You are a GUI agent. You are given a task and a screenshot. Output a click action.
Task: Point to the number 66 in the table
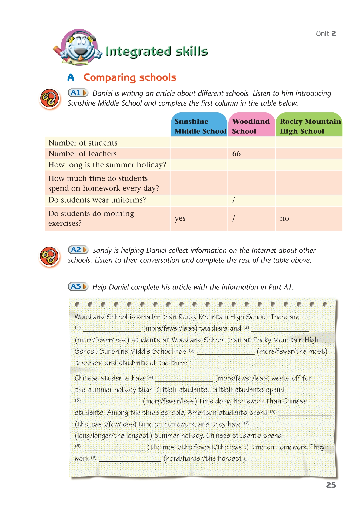tap(236, 154)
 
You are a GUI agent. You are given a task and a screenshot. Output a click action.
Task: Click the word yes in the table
tap(180, 218)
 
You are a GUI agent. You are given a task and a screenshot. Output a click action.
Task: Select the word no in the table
tap(284, 218)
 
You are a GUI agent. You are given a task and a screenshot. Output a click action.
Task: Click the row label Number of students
tap(83, 143)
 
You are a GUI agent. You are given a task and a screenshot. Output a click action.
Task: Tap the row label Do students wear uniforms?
tap(97, 200)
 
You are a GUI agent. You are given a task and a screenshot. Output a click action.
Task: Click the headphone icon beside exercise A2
tap(49, 257)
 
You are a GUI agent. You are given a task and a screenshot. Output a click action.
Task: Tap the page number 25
tap(331, 485)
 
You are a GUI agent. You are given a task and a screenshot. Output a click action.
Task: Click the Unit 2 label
tap(326, 33)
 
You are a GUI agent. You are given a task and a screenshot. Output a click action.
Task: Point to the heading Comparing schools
tap(130, 77)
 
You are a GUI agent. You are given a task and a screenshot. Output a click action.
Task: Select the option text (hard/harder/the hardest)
tap(205, 459)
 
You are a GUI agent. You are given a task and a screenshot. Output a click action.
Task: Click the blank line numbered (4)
tap(184, 379)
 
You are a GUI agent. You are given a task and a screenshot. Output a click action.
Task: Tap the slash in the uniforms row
tap(234, 200)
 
